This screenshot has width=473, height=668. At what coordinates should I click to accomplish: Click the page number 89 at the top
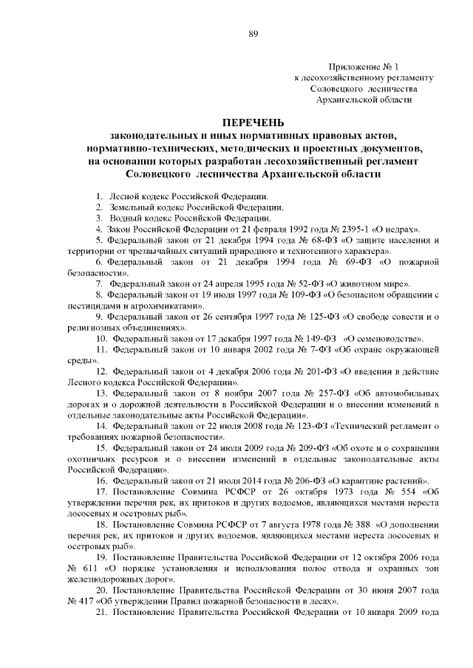(253, 13)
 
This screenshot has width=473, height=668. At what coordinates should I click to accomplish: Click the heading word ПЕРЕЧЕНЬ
(254, 122)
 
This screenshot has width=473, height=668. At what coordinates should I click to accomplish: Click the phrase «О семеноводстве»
(392, 337)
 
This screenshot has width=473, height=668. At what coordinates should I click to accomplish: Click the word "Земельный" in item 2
(131, 207)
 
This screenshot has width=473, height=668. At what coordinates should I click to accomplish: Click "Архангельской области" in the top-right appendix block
(364, 98)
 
